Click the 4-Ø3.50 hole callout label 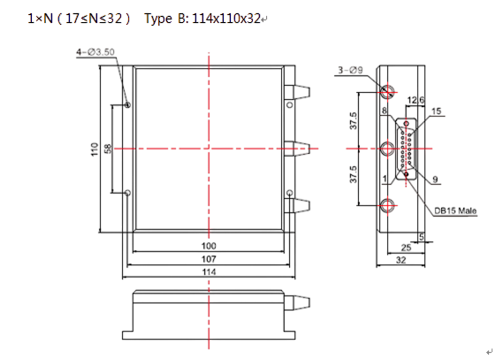point(95,52)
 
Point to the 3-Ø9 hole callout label point(350,70)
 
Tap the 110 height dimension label point(95,149)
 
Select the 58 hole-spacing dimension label point(108,149)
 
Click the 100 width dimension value point(209,246)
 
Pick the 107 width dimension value point(209,259)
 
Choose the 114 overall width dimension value point(209,272)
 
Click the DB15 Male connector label point(455,211)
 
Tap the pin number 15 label point(436,111)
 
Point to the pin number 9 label point(435,180)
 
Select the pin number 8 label point(385,111)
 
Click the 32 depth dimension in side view point(401,260)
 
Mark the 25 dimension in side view point(406,248)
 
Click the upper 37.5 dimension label point(354,120)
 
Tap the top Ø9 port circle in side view point(387,92)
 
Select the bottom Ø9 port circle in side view point(387,205)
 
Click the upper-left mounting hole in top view point(128,104)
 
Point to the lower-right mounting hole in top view point(289,193)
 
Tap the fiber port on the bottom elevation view point(297,303)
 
